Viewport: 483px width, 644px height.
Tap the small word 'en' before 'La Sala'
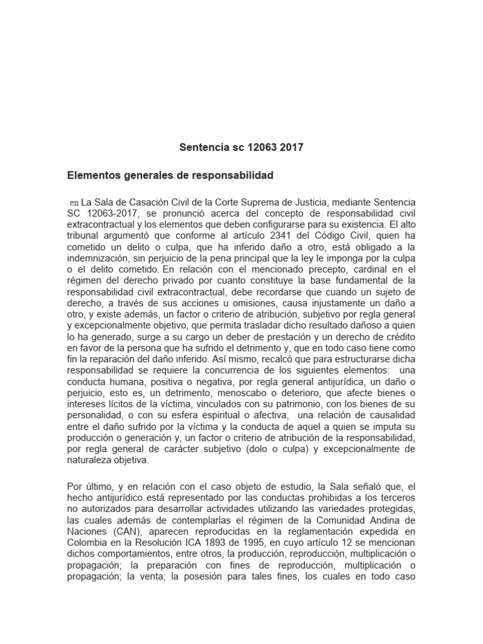click(x=74, y=203)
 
